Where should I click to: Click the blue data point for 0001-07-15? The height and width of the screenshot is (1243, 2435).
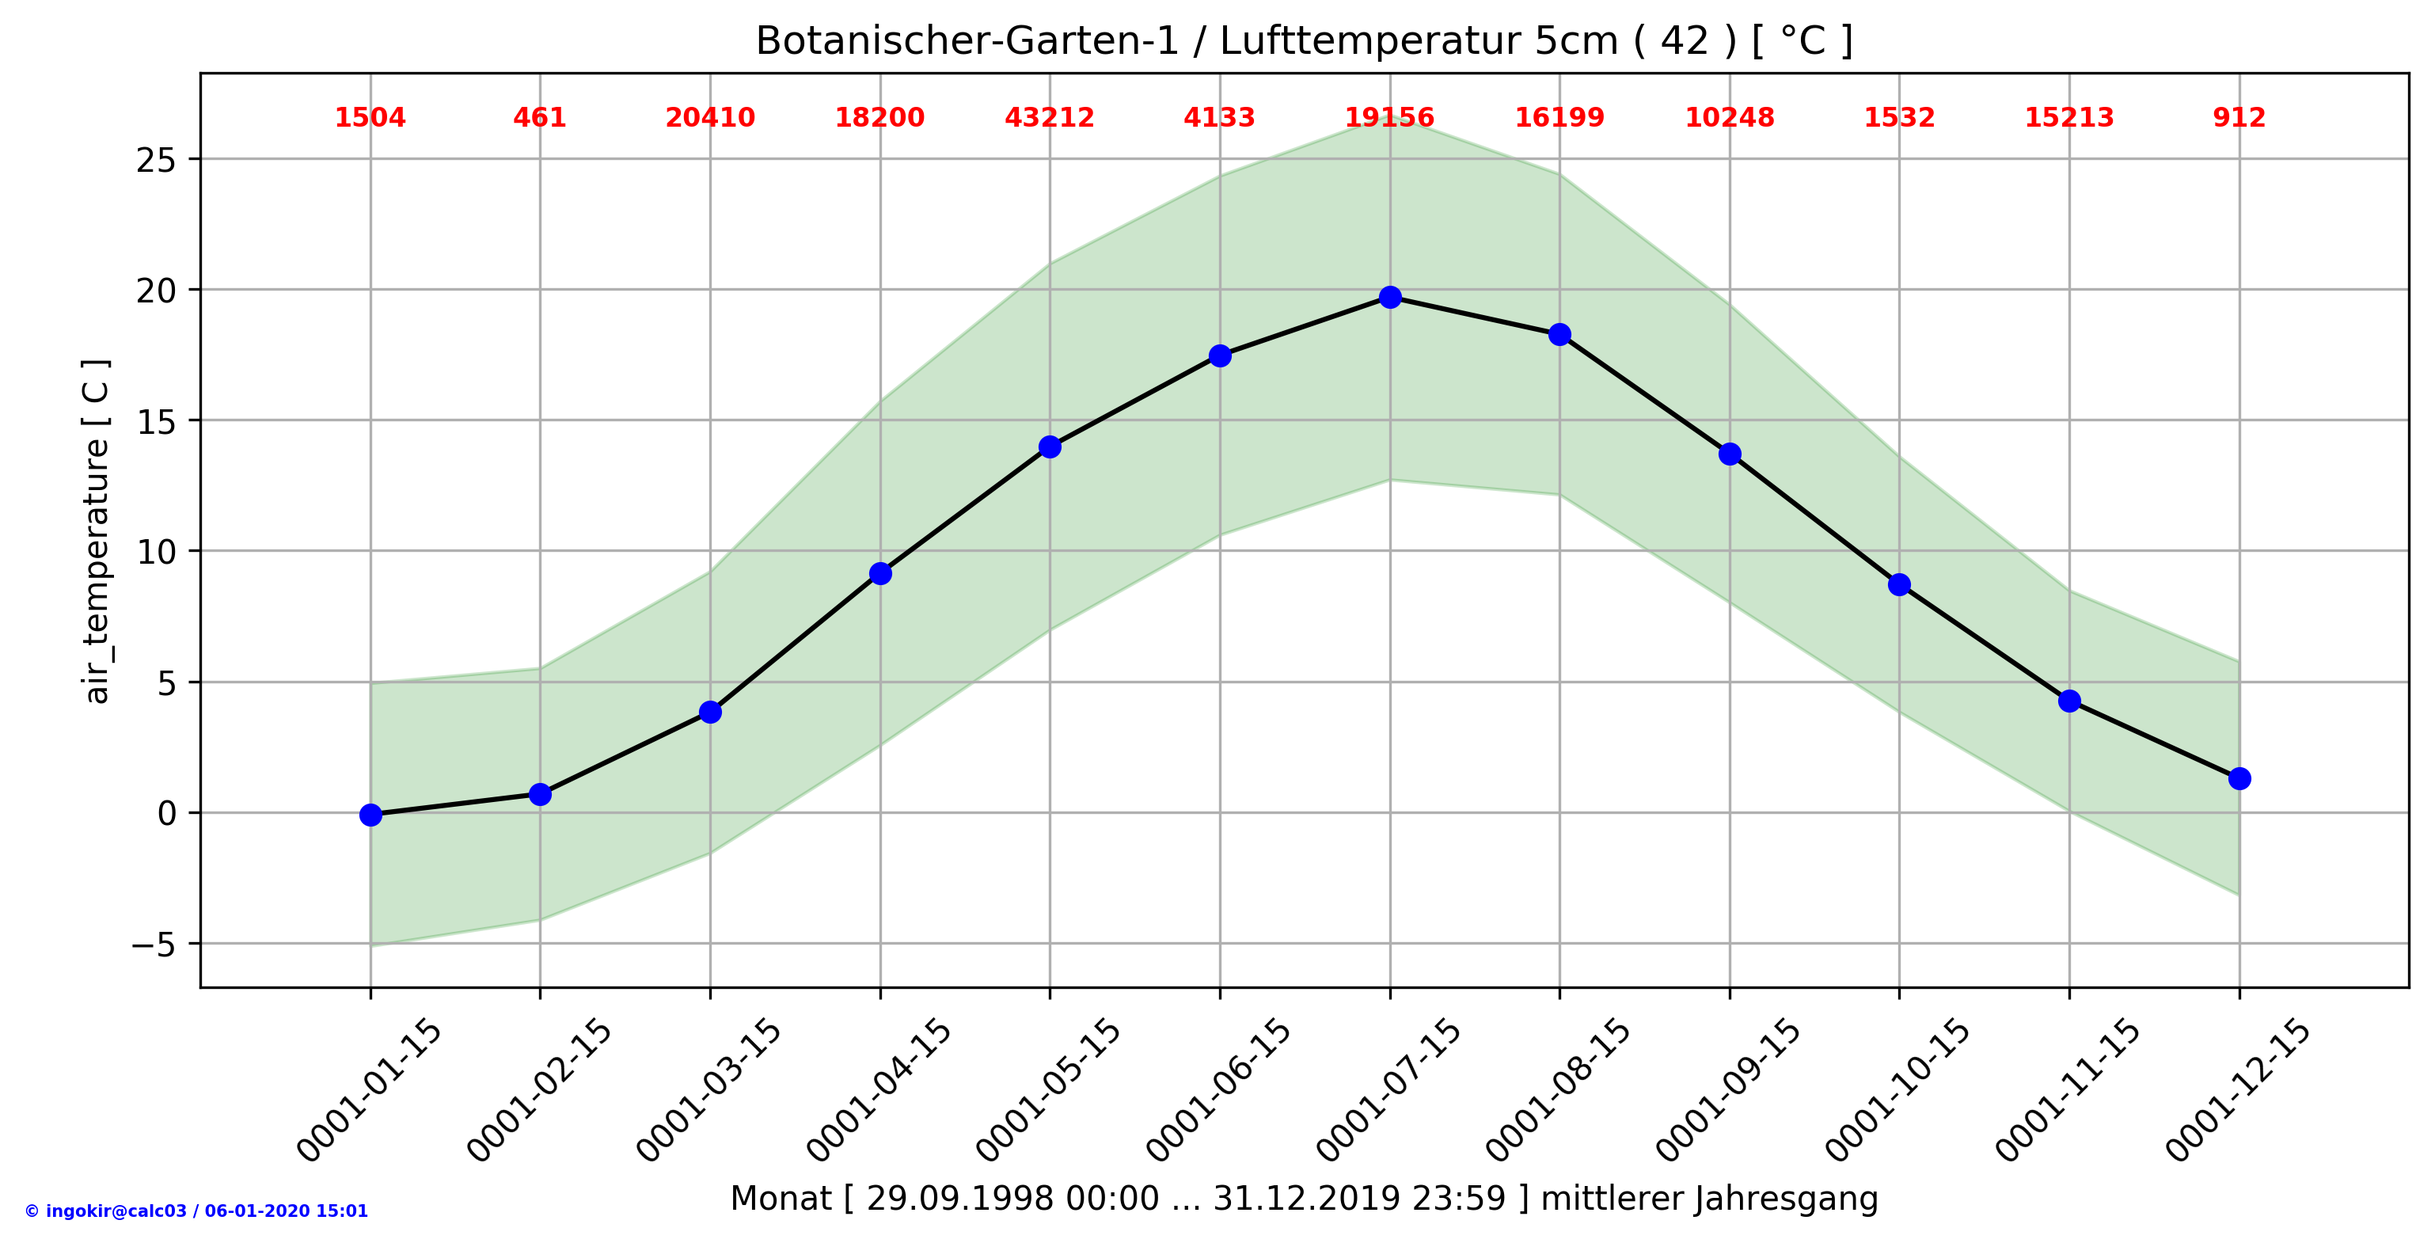[x=1389, y=298]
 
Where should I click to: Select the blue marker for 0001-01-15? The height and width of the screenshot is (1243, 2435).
[x=370, y=815]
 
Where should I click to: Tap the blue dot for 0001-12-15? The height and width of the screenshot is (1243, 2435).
[x=2239, y=779]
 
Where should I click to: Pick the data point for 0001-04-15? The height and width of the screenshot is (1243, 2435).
[x=880, y=574]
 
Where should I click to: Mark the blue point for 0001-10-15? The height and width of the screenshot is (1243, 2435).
[x=1899, y=585]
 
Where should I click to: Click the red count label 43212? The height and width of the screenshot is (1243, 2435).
[x=1049, y=118]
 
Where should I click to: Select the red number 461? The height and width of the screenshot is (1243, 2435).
[x=540, y=118]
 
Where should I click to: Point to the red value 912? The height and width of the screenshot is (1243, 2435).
[x=2239, y=118]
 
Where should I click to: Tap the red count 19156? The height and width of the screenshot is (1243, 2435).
[x=1389, y=118]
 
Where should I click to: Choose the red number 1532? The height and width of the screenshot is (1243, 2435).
[x=1899, y=118]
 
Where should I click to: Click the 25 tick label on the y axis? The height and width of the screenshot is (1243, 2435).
[x=156, y=161]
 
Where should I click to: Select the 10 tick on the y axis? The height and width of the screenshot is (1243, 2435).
[x=156, y=553]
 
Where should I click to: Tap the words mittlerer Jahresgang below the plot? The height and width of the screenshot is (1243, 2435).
[x=1709, y=1199]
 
